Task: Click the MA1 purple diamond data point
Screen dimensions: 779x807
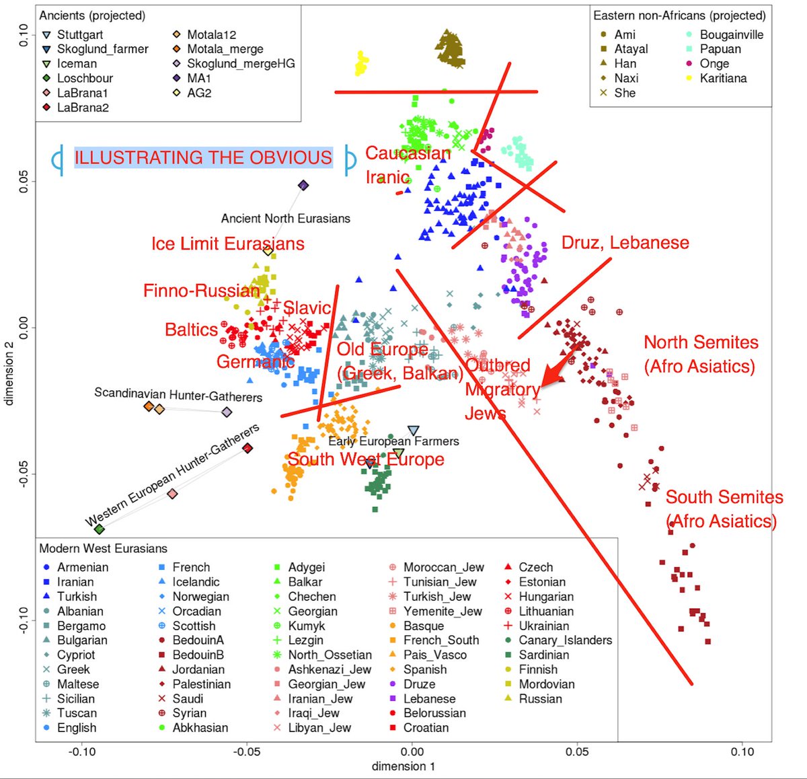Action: coord(303,185)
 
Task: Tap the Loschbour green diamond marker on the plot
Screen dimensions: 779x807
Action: coord(100,529)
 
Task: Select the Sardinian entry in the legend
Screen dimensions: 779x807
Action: coord(543,655)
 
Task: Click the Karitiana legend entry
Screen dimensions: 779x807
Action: coord(723,78)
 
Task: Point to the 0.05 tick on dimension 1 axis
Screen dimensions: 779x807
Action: coord(578,751)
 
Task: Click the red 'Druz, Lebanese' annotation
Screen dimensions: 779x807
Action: coord(625,243)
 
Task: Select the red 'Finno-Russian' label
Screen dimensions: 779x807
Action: coord(201,291)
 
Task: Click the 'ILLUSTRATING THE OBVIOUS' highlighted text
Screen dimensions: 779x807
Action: coord(203,157)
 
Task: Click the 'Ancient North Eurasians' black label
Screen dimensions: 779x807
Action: coord(285,219)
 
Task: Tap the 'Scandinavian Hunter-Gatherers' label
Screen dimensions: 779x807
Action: coord(178,395)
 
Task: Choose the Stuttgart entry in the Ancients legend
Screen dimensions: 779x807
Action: coord(79,34)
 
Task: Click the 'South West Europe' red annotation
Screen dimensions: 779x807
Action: coord(366,459)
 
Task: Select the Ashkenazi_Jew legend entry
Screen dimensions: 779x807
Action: coord(329,669)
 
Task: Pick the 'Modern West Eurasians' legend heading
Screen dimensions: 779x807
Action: coord(103,548)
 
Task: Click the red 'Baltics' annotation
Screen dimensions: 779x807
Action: coord(191,330)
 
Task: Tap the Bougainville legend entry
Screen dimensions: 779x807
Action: coord(731,34)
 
